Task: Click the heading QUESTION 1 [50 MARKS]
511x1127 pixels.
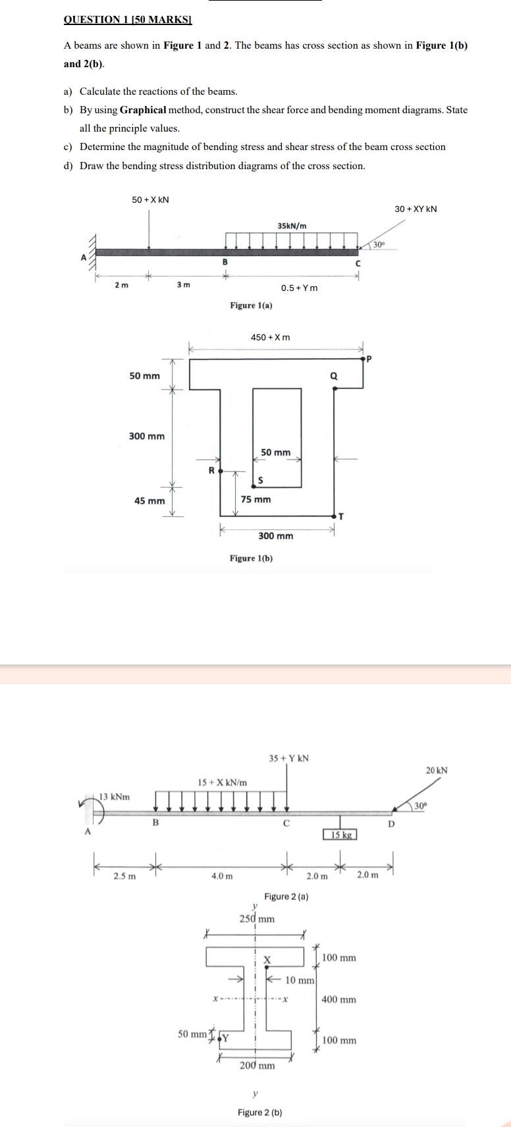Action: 127,20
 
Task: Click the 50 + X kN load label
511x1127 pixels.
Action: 150,199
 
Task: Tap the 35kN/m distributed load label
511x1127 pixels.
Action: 292,226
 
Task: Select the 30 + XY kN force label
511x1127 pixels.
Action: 416,209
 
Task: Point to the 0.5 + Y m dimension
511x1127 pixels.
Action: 299,288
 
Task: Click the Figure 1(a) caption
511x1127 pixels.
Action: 251,305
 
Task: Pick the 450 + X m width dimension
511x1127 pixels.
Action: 270,338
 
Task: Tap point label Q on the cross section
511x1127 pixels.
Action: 333,377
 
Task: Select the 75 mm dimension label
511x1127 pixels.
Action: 255,500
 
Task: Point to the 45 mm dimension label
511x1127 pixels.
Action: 149,501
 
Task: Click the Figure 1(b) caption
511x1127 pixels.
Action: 251,558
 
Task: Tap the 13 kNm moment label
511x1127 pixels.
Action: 115,797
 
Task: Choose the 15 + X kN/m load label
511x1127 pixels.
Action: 223,782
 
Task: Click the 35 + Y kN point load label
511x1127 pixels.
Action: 289,758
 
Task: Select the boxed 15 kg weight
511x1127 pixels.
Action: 340,835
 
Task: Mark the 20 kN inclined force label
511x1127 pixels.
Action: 437,770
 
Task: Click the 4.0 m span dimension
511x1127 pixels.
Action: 222,876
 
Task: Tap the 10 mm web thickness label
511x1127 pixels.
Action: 300,980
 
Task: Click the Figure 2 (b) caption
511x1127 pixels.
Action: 259,1113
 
